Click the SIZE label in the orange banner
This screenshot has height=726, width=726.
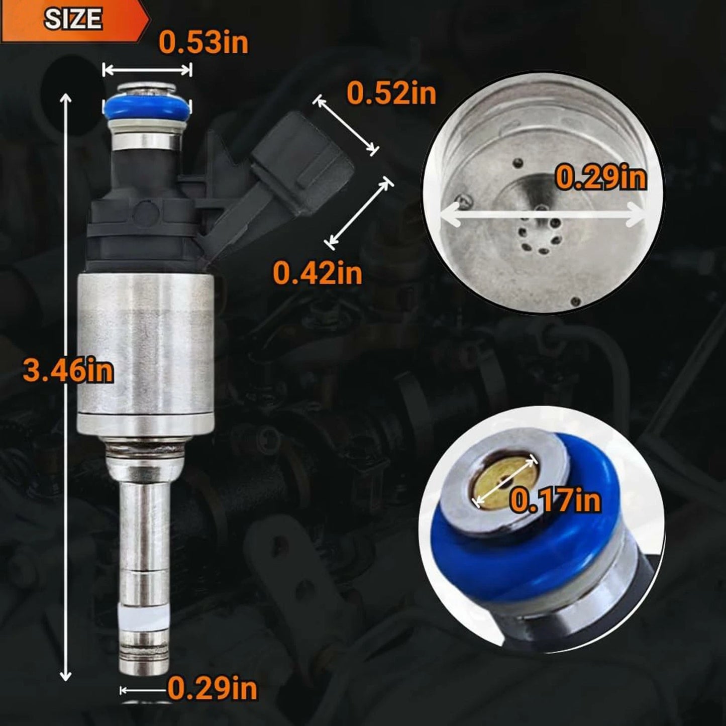point(73,19)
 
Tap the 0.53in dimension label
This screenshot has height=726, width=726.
point(203,43)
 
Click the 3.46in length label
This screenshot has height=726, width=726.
point(68,371)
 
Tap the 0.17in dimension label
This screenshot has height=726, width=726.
point(555,500)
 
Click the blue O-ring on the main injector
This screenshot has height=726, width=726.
point(147,107)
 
